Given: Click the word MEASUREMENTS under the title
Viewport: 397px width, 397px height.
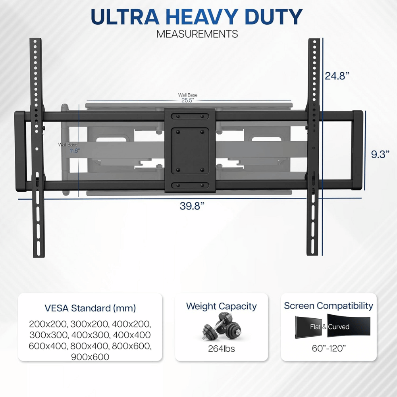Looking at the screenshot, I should pyautogui.click(x=197, y=34).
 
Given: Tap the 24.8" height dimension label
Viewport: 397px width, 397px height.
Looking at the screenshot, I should pyautogui.click(x=337, y=76).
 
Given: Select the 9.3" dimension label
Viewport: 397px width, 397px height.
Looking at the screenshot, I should pyautogui.click(x=380, y=154).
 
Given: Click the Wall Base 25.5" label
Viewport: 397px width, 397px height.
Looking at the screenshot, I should pyautogui.click(x=187, y=98).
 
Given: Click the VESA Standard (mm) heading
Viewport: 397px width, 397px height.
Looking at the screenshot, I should pyautogui.click(x=90, y=308).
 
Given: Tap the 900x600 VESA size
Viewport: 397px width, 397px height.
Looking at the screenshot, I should pyautogui.click(x=90, y=357).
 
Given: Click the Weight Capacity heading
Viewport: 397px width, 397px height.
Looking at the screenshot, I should pyautogui.click(x=222, y=306).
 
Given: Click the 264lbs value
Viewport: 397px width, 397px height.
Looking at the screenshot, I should pyautogui.click(x=221, y=349).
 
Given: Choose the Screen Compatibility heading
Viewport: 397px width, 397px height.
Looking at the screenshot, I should pyautogui.click(x=328, y=306).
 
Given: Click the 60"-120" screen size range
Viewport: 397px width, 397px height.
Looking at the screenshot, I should pyautogui.click(x=328, y=348).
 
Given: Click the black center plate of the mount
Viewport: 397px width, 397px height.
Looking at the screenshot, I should pyautogui.click(x=190, y=151).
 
